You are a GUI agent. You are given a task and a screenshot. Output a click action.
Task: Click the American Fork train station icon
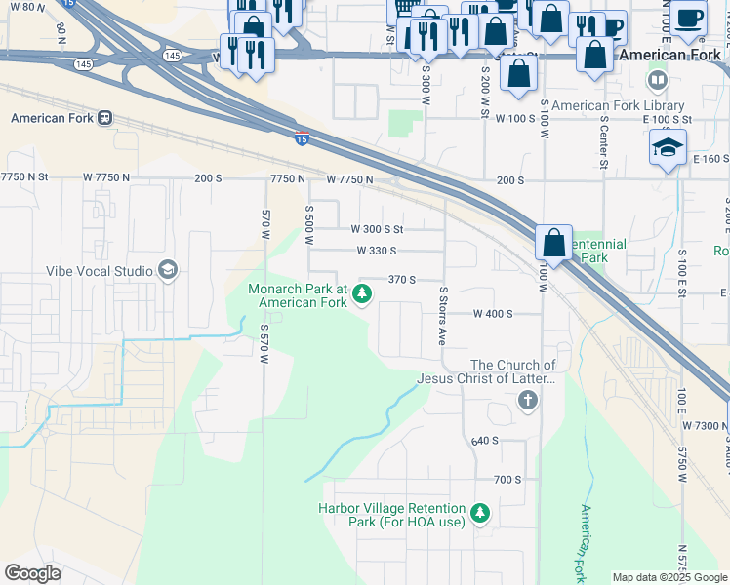pyautogui.click(x=104, y=118)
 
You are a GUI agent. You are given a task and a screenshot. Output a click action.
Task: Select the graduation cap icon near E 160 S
pyautogui.click(x=669, y=147)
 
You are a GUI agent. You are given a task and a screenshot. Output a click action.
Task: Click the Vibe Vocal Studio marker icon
pyautogui.click(x=167, y=270)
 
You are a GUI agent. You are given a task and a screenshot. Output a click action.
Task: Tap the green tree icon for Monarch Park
pyautogui.click(x=362, y=292)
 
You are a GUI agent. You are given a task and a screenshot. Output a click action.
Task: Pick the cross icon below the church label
pyautogui.click(x=527, y=400)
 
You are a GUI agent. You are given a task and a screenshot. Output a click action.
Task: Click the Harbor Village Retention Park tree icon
pyautogui.click(x=479, y=512)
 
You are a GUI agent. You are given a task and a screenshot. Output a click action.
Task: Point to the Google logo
pyautogui.click(x=32, y=573)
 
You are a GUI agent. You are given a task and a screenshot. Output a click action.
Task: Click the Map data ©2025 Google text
pyautogui.click(x=669, y=577)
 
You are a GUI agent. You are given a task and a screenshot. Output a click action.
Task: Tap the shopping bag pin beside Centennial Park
pyautogui.click(x=553, y=244)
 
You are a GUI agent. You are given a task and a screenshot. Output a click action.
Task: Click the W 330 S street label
pyautogui.click(x=376, y=251)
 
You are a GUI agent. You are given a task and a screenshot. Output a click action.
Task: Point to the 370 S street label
pyautogui.click(x=402, y=279)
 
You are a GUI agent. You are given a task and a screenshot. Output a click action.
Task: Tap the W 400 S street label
pyautogui.click(x=493, y=314)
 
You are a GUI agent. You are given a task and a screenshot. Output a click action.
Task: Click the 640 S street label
pyautogui.click(x=484, y=441)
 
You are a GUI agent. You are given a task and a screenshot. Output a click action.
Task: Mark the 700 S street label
pyautogui.click(x=507, y=480)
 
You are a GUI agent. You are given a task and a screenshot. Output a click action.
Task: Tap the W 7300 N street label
pyautogui.click(x=705, y=426)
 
